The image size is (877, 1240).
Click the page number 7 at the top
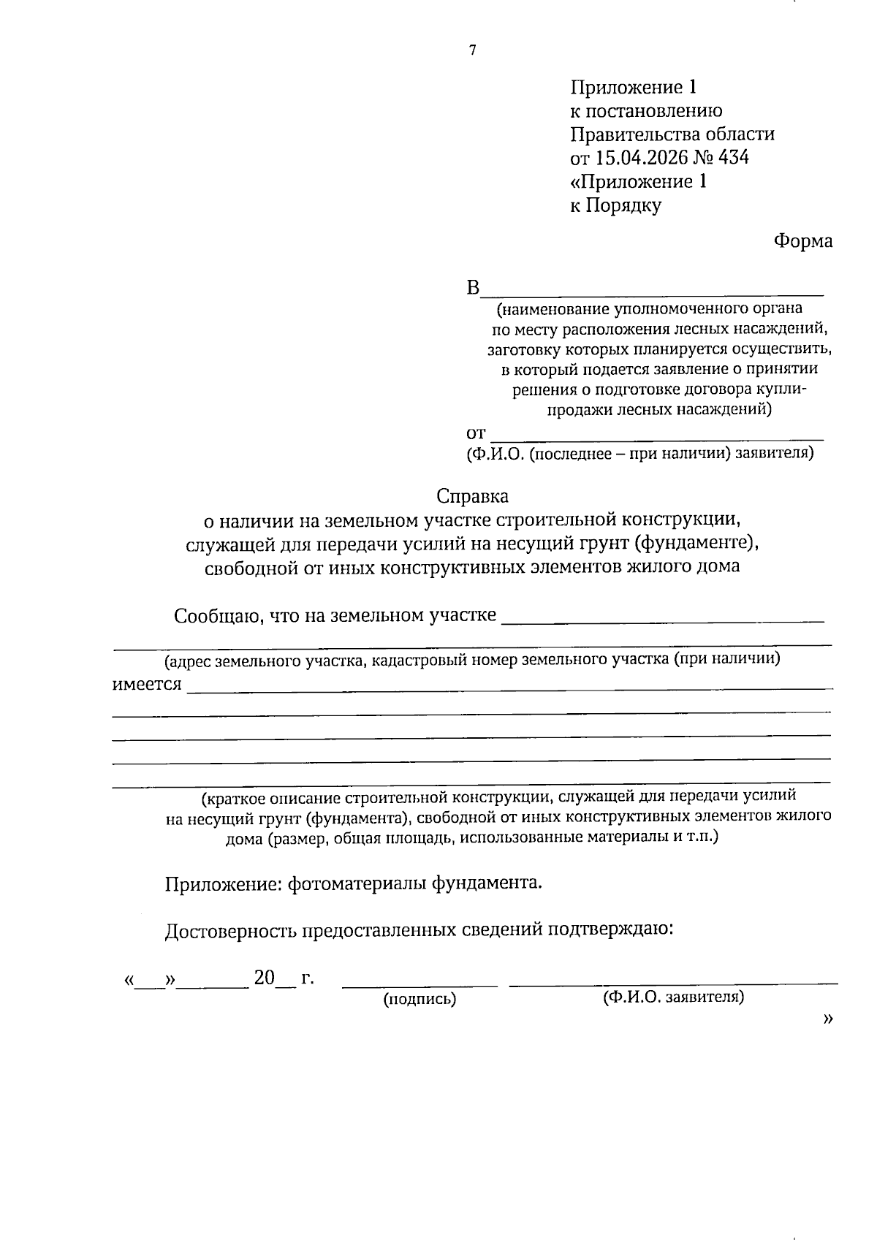(x=473, y=50)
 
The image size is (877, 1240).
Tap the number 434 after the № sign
(x=734, y=158)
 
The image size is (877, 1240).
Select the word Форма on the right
(x=803, y=241)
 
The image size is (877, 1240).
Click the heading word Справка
(x=472, y=497)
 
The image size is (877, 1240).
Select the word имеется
(x=146, y=685)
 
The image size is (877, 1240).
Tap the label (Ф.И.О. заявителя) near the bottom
(x=673, y=997)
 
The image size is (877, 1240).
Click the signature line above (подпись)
(x=419, y=986)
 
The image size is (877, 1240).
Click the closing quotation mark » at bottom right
(x=827, y=1019)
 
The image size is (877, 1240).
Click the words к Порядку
(x=615, y=205)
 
